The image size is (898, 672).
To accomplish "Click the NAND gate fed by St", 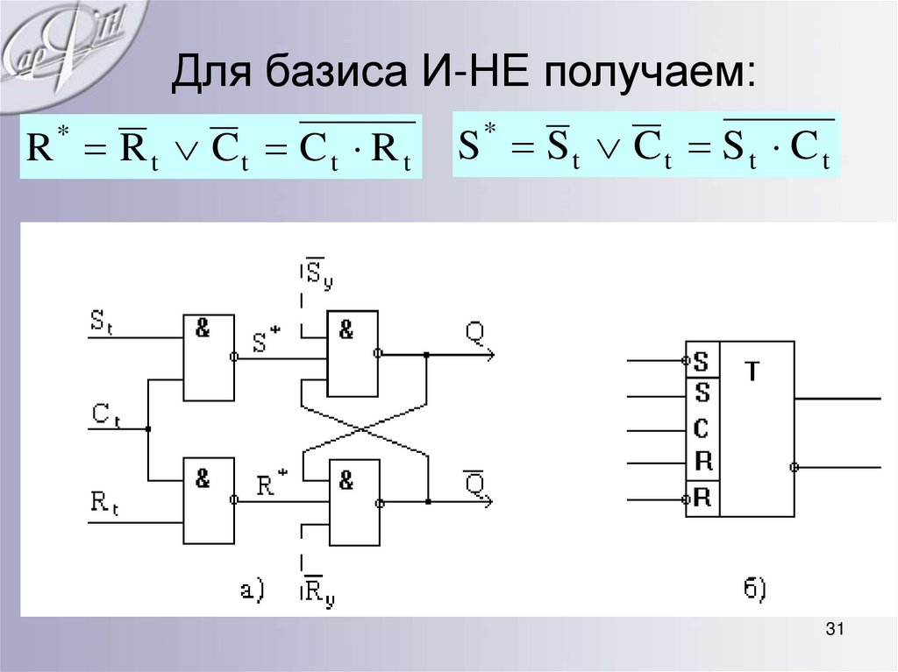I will pos(209,357).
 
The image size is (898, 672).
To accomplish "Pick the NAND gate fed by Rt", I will pos(209,500).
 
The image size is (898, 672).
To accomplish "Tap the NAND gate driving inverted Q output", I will pos(352,503).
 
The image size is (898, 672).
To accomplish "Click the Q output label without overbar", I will pos(474,331).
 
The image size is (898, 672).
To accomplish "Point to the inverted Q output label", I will pos(474,481).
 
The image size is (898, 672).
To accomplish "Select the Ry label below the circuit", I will pos(317,593).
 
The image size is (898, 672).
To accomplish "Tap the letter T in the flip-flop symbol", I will pos(753,371).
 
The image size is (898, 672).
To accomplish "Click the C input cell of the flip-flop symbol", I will pos(702,429).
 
